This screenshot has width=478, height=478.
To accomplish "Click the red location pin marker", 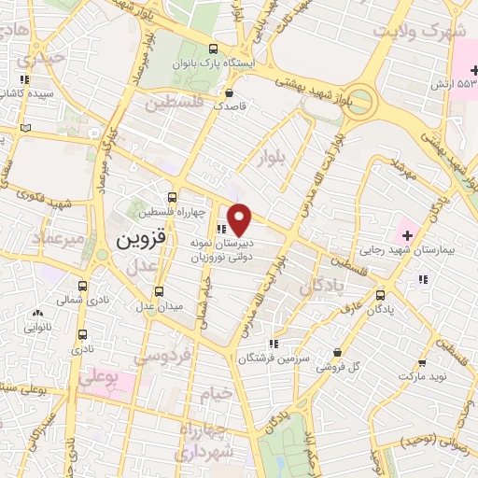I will (x=241, y=219).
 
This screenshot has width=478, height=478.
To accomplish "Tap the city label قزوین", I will (x=142, y=239).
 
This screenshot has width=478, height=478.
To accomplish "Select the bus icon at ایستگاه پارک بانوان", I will (x=214, y=49).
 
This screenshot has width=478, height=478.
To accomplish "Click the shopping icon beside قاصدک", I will (x=230, y=91).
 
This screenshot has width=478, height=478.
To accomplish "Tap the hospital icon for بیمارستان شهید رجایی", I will (x=407, y=231).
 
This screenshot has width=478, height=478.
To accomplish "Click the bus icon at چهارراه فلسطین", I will (x=171, y=197).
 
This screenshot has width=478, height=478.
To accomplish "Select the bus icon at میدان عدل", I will (x=159, y=291).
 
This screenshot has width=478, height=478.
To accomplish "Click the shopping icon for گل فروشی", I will (x=336, y=353).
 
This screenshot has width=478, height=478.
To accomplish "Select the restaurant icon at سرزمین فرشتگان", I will (x=273, y=343).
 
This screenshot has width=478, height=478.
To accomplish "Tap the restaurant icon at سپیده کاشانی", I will (x=23, y=79).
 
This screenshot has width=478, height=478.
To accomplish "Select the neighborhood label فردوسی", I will (x=162, y=356).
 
